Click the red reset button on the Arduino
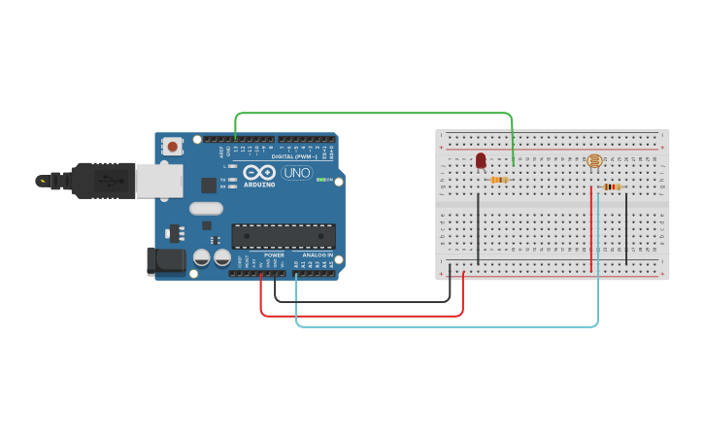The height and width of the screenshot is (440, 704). tap(173, 147)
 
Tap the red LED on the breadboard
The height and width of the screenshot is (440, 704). tap(481, 160)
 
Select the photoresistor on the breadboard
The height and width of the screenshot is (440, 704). tap(594, 161)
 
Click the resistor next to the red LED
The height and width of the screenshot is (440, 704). tap(500, 180)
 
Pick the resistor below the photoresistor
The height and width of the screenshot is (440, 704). tap(611, 187)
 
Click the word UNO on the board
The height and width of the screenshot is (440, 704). tap(297, 173)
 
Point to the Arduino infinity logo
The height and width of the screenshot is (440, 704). tap(259, 172)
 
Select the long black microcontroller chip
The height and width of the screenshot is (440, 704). tap(283, 236)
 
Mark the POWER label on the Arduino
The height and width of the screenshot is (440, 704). tap(274, 254)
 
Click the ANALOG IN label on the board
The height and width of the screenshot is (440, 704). tap(316, 254)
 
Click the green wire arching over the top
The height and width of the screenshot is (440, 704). tap(374, 114)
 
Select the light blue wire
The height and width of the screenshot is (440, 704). tap(447, 326)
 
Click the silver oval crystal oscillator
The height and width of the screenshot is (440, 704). tap(206, 208)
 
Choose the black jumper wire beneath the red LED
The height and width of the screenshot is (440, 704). tap(478, 228)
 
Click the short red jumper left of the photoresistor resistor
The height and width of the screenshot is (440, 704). tap(590, 228)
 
